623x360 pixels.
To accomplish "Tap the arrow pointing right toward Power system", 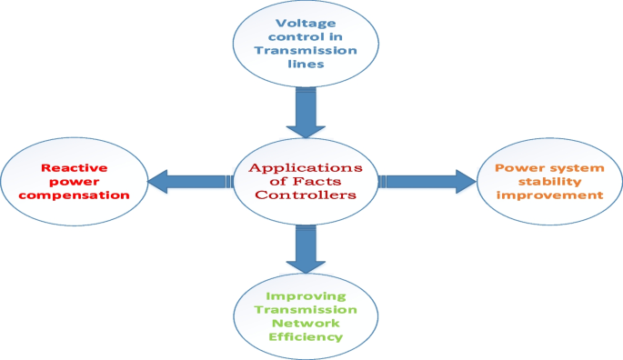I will pos(427,182).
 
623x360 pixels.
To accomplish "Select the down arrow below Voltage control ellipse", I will pos(299,113).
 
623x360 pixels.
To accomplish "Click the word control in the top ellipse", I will pos(282,37).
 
